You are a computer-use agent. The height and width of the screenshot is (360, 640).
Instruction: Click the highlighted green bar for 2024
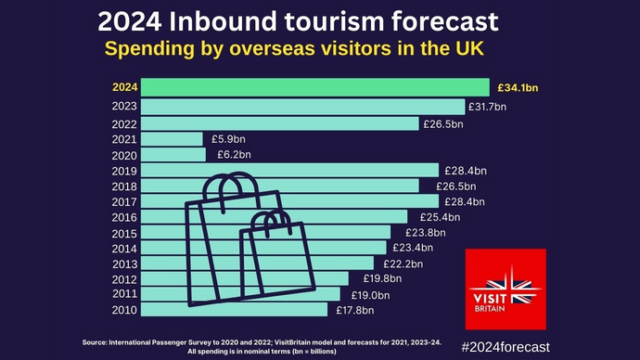click(x=316, y=87)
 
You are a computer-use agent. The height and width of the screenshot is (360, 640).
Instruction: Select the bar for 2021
click(x=173, y=139)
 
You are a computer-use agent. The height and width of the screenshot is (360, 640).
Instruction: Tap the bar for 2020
click(x=175, y=155)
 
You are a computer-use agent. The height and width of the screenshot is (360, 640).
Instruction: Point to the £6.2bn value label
click(x=234, y=155)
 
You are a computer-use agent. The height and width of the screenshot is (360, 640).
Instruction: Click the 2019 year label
click(x=124, y=171)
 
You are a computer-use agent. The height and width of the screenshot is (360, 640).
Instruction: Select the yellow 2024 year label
click(x=124, y=87)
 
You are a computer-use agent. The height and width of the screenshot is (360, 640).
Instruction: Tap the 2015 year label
click(x=124, y=232)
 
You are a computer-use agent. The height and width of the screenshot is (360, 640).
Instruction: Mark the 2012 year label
click(x=124, y=278)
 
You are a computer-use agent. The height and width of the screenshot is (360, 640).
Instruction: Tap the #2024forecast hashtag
click(x=505, y=346)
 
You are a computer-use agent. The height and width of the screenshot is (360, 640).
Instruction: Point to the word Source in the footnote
click(x=98, y=342)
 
